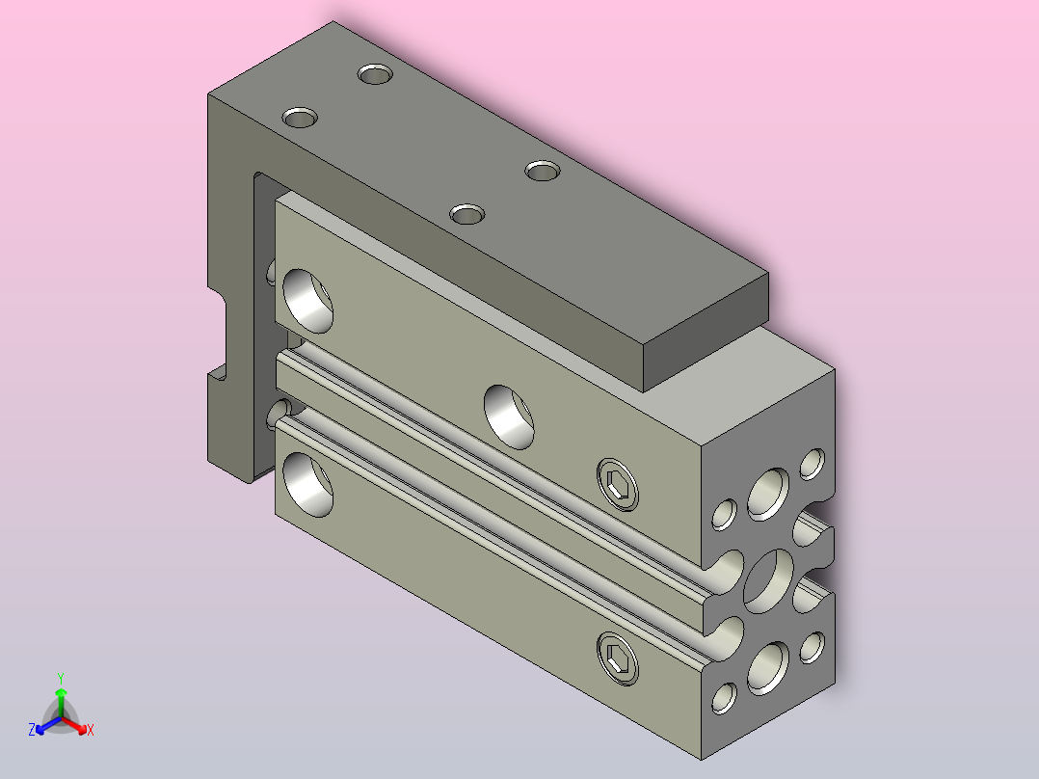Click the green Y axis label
pyautogui.click(x=61, y=678)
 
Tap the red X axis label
pyautogui.click(x=91, y=731)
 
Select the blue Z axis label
pyautogui.click(x=32, y=730)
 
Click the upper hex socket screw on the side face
pyautogui.click(x=618, y=484)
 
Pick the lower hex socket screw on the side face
pyautogui.click(x=618, y=658)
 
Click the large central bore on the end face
pyautogui.click(x=769, y=581)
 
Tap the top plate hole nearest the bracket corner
pyautogui.click(x=300, y=118)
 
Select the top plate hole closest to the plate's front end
pyautogui.click(x=467, y=214)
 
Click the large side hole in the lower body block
pyautogui.click(x=307, y=485)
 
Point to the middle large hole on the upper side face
pyautogui.click(x=509, y=417)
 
